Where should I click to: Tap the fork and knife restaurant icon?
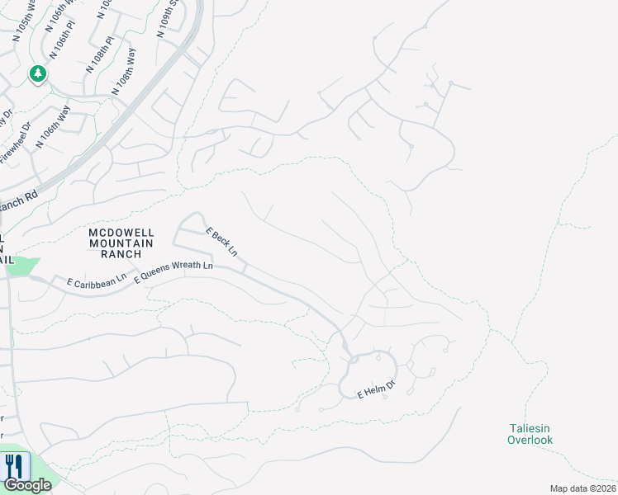(x=15, y=466)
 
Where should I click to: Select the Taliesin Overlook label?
(x=530, y=434)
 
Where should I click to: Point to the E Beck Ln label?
(x=221, y=242)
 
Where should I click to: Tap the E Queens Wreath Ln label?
(x=174, y=272)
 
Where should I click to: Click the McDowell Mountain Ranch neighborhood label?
(x=121, y=243)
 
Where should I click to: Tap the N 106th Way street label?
(x=54, y=127)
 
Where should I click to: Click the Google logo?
(x=26, y=485)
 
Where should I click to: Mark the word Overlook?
(x=530, y=441)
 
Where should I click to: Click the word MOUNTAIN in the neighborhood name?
(x=121, y=243)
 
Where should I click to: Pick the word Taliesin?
(x=530, y=427)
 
